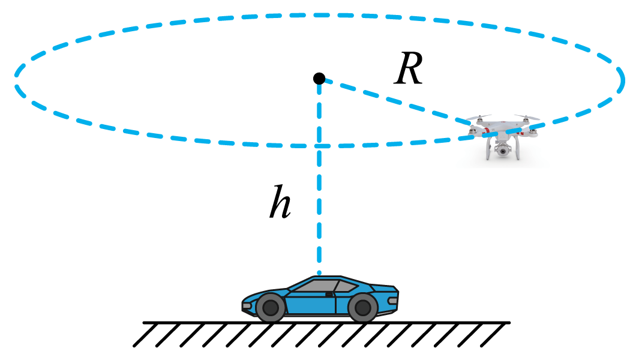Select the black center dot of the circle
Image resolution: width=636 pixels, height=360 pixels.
tap(319, 79)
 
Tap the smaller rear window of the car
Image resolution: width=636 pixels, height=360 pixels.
tap(344, 286)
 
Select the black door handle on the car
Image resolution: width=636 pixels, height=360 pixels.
tap(329, 294)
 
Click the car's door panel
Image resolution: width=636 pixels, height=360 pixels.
tap(318, 304)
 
